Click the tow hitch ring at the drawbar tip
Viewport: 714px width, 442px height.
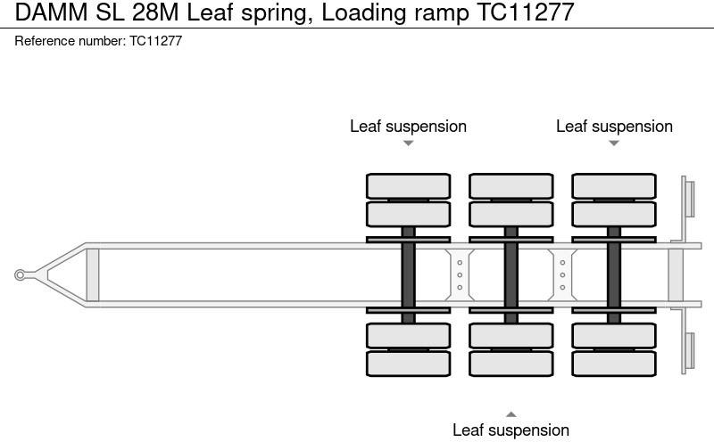[x=20, y=275]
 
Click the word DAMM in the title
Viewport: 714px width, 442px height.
[x=46, y=12]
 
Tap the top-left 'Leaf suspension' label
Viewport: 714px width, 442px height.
[x=408, y=127]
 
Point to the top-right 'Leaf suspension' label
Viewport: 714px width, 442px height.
[x=614, y=127]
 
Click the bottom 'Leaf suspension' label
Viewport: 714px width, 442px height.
[x=511, y=430]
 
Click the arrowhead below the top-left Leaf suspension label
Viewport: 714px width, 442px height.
[x=408, y=143]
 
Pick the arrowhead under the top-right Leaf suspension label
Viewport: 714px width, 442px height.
[x=614, y=143]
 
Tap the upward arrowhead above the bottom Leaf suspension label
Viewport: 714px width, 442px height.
[x=511, y=413]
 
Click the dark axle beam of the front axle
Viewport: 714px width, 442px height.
[x=408, y=274]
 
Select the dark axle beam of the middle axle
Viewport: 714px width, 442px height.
[x=511, y=274]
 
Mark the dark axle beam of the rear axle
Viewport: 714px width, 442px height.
[x=614, y=274]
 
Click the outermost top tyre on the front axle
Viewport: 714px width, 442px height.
[x=408, y=185]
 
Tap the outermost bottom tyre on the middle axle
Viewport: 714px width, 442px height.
[x=511, y=364]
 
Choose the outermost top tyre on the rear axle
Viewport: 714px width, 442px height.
[x=614, y=185]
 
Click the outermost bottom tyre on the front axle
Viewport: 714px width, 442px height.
[x=408, y=364]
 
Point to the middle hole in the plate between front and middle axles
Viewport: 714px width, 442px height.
[x=459, y=274]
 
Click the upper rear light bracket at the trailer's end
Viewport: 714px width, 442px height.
[x=688, y=197]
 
